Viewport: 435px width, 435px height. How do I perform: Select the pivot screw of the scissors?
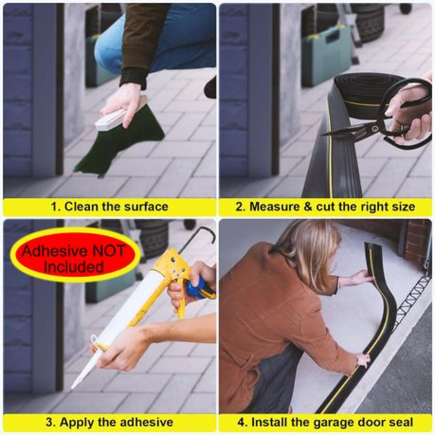point(375,128)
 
